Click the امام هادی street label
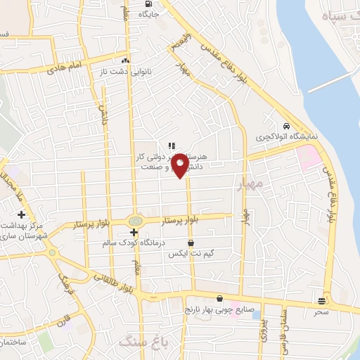click(65, 69)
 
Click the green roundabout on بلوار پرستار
click(135, 221)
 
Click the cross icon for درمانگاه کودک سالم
click(134, 232)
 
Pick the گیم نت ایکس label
click(191, 254)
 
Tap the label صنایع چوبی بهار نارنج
click(218, 309)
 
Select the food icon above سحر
click(323, 300)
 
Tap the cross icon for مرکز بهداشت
click(22, 214)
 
